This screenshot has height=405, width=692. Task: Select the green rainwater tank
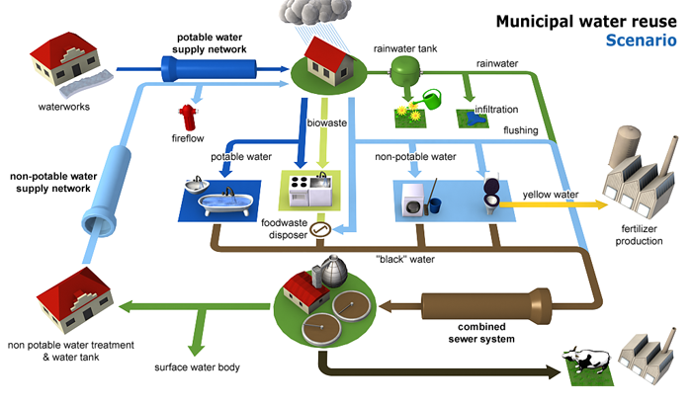coord(404,69)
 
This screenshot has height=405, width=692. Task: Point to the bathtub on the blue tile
coord(216,202)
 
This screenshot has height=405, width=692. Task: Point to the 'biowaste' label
coord(327,123)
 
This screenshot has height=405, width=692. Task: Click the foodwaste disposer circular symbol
coord(318,230)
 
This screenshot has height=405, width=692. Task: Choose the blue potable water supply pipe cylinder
coord(208,70)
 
